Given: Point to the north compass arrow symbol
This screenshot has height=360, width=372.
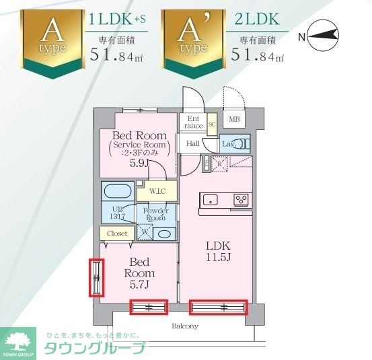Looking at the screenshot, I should point(324,37).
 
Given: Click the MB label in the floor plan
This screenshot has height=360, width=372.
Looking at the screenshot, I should point(234,120).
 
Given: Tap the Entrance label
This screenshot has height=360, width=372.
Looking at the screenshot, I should point(193,122).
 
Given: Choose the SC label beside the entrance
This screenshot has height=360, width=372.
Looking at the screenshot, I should point(211,124).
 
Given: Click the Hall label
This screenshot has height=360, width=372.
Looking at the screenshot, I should point(193,143).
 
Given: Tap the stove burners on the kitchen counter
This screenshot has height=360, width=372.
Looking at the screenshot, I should point(240,199).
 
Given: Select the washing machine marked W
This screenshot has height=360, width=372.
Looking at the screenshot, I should point(144,232).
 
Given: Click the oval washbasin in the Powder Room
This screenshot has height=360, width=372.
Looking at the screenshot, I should point(163,233).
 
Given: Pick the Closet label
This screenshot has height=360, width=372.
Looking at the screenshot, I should point(117,233).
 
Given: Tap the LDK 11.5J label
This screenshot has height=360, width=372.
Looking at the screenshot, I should point(218,250).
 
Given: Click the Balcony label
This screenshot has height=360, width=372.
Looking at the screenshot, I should point(184,326).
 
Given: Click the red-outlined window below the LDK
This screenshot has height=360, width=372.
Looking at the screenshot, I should point(218,308).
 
